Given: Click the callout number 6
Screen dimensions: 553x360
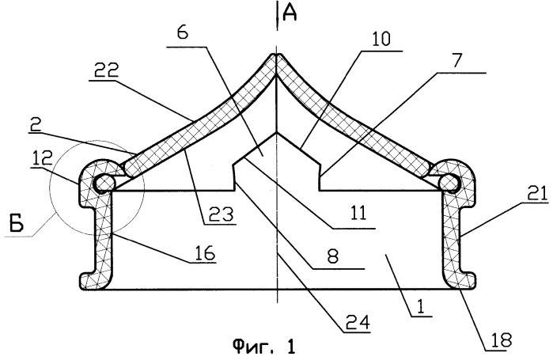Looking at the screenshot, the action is [183, 32].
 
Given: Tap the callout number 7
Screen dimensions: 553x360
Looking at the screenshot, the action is [456, 60].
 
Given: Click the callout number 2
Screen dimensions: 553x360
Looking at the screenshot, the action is [36, 125].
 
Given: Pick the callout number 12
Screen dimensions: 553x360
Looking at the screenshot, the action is [43, 158].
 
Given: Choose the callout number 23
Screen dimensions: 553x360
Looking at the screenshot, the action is [221, 214].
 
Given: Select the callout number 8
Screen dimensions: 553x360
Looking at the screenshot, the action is [333, 256].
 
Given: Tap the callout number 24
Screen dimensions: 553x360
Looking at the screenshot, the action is [357, 322].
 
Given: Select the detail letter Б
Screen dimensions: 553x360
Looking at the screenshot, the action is [17, 224].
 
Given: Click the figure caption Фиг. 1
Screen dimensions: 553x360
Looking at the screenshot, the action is [263, 347].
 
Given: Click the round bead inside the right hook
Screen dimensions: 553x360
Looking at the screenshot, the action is [449, 183].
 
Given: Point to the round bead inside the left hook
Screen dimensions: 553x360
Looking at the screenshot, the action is [104, 183].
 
